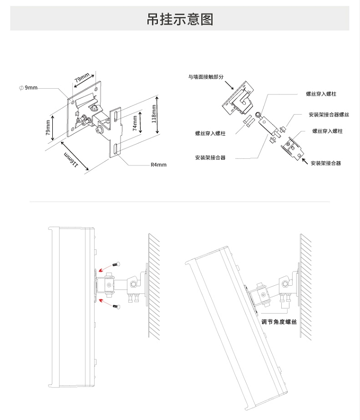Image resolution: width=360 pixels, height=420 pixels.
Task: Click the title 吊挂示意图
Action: click(x=180, y=19)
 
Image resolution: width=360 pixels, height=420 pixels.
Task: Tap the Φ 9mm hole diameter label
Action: click(x=28, y=88)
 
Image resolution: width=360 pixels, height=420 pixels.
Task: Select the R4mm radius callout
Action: click(x=158, y=165)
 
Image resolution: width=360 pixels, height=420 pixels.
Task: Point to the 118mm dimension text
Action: click(x=154, y=114)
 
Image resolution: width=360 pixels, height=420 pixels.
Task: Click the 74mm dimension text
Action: click(x=135, y=123)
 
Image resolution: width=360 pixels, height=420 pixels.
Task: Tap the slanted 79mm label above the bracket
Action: click(x=82, y=78)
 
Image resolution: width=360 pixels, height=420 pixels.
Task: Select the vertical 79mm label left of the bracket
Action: click(x=48, y=127)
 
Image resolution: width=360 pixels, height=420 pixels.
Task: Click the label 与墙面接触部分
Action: click(x=206, y=77)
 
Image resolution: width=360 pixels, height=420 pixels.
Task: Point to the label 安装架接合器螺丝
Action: click(x=329, y=115)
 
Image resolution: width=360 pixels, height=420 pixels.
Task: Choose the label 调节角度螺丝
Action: click(x=279, y=322)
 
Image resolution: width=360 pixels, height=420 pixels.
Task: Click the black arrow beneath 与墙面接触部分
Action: click(x=229, y=85)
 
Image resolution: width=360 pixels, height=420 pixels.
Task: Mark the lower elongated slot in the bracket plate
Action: click(x=116, y=149)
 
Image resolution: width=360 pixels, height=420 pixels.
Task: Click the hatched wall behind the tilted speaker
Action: click(x=306, y=287)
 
